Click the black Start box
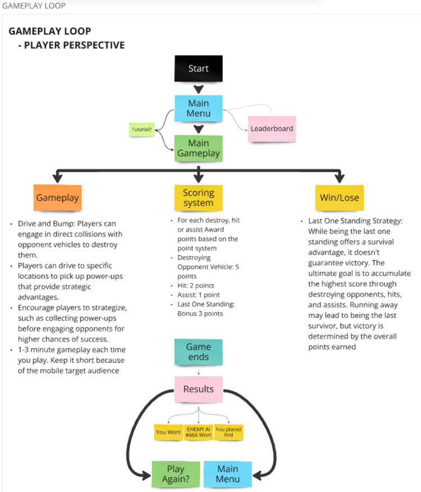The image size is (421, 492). coord(198,69)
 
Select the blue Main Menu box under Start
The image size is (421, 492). coord(198,108)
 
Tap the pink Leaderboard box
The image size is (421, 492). coord(272,128)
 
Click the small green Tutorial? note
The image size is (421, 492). coord(141,130)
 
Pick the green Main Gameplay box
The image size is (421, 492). coord(198,148)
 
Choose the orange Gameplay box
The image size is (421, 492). coord(57,197)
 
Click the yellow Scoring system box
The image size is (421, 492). coord(198,197)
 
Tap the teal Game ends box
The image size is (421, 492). coord(198,352)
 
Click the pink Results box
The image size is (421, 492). coord(198,389)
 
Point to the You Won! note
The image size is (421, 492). coord(168,431)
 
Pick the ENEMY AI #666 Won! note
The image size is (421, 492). coord(199,431)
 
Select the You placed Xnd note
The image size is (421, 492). coord(229,431)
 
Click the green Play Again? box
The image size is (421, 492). coord(175,473)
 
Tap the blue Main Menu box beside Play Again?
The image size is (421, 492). coord(227,473)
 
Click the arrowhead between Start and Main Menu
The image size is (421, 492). coord(198,89)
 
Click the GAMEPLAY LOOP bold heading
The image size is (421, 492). coord(49,31)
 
